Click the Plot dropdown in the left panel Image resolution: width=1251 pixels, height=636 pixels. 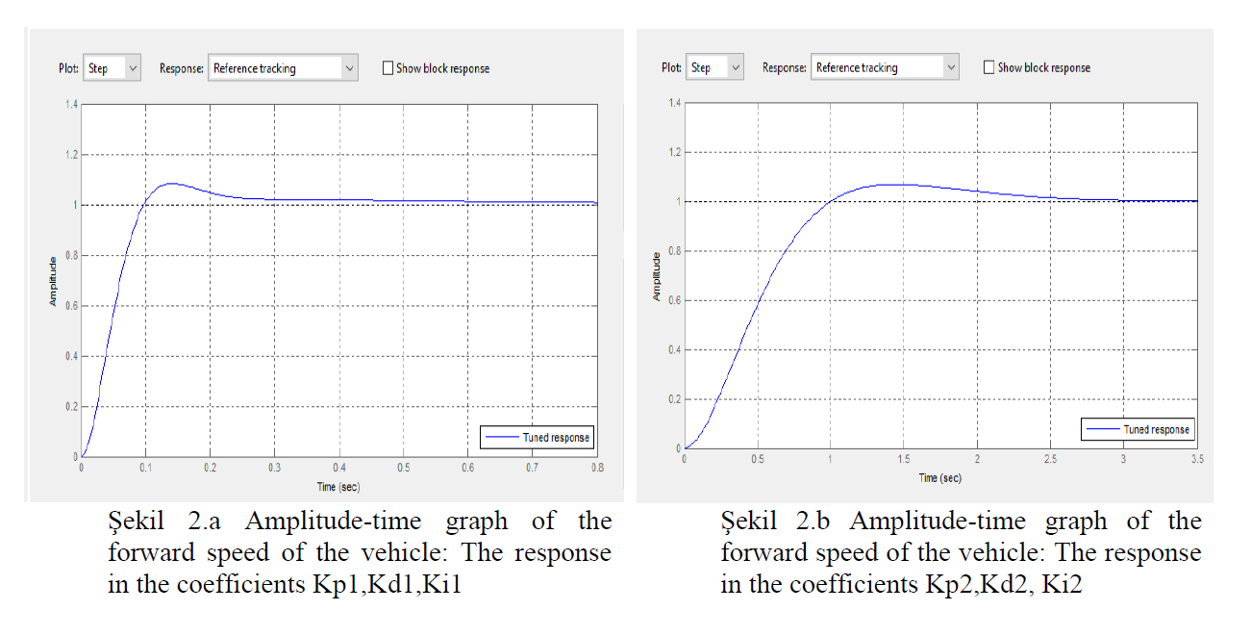[x=112, y=68]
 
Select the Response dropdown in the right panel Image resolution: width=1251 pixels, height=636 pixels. [x=885, y=67]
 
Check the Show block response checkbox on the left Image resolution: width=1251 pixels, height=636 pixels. [x=388, y=68]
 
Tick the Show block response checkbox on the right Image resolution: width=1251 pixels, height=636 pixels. [x=989, y=67]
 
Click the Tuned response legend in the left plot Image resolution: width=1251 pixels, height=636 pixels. [x=538, y=437]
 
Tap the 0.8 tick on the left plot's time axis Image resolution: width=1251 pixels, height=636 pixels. [x=597, y=467]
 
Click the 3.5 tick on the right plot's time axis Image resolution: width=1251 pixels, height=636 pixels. [x=1196, y=460]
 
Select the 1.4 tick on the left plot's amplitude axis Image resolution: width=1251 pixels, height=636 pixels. [x=71, y=104]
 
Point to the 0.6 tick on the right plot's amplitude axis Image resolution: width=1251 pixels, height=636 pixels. [x=673, y=300]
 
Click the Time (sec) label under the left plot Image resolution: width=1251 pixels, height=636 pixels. [x=338, y=486]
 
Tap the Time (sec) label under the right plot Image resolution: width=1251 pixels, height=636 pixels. [x=939, y=478]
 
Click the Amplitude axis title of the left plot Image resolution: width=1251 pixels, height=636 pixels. [x=54, y=281]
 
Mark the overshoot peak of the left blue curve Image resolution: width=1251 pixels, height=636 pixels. [x=170, y=183]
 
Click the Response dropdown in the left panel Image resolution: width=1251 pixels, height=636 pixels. [x=283, y=68]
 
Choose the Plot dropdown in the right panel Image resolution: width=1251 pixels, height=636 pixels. [x=714, y=67]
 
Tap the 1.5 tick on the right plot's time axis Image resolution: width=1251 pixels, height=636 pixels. [x=904, y=460]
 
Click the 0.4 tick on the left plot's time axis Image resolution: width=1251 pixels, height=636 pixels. [x=339, y=467]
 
